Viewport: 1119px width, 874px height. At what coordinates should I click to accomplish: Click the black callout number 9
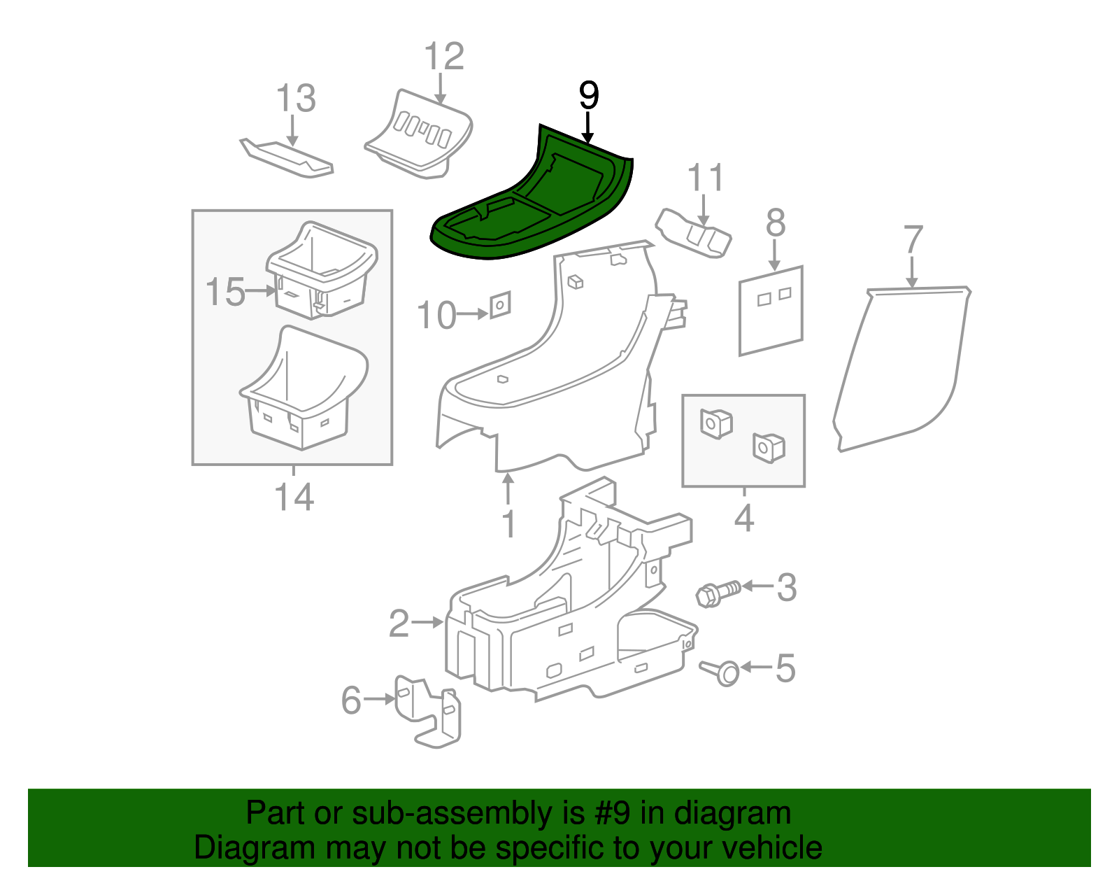coord(589,96)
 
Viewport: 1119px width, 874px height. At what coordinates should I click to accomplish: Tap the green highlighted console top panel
coord(532,203)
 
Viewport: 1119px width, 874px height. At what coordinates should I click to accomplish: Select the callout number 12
coord(444,56)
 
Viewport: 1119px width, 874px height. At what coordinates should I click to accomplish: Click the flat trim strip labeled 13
coord(287,157)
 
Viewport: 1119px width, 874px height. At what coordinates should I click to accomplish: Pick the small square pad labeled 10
coord(500,304)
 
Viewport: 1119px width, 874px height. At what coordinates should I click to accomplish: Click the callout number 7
coord(913,239)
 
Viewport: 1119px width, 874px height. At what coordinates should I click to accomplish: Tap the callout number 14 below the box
coord(294,497)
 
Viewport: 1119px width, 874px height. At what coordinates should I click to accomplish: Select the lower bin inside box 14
coord(304,392)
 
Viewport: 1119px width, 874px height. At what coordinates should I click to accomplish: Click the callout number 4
coord(744,519)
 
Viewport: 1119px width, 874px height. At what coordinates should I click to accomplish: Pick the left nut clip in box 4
coord(715,423)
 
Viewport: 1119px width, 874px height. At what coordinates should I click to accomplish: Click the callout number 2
coord(399,623)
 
